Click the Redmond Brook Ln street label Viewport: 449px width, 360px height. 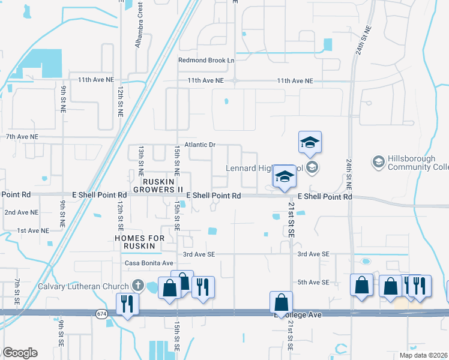coord(206,61)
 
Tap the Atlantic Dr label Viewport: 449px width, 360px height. coord(199,145)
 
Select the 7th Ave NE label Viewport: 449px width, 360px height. coord(22,137)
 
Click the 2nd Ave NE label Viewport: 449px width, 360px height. coord(22,212)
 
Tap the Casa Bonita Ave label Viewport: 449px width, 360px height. coord(149,263)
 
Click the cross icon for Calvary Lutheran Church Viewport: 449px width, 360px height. coord(137,286)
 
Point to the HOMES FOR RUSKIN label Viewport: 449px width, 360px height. coord(139,242)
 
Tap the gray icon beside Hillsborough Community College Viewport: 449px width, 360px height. coord(378,161)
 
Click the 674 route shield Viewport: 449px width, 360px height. coord(101,313)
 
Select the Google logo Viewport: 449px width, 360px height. coord(20,353)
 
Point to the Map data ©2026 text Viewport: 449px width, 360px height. coord(423,355)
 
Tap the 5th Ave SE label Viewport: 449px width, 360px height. coord(314,282)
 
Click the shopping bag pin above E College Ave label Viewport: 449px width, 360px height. coord(281,302)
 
